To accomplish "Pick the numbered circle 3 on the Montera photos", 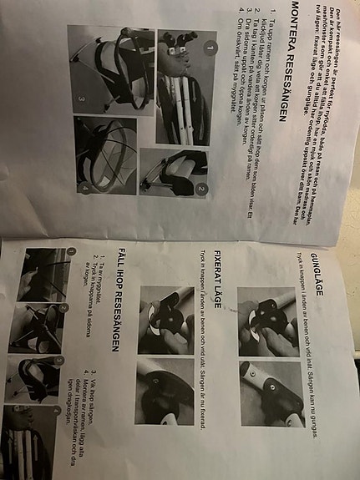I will pos(82,97).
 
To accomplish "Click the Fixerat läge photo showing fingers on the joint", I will pos(165,322).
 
